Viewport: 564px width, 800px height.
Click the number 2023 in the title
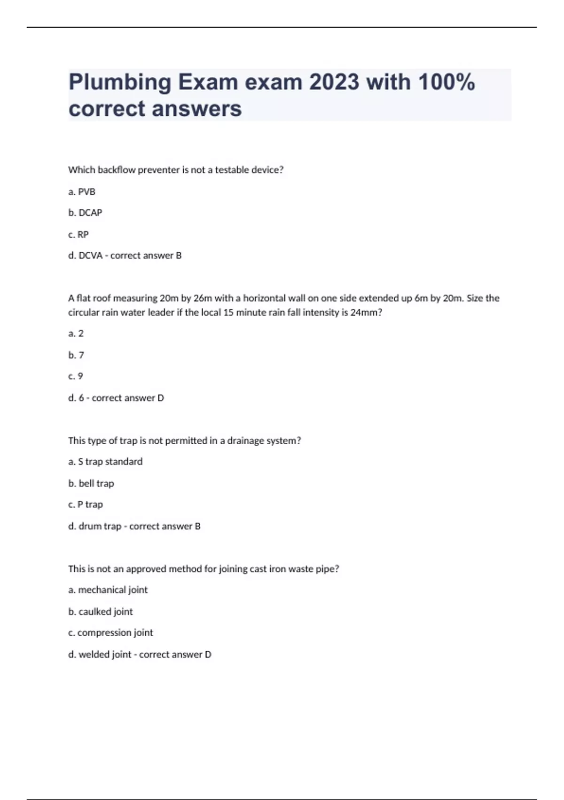click(334, 82)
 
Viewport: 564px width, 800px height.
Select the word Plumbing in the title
click(120, 83)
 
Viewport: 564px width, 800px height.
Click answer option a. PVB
click(82, 192)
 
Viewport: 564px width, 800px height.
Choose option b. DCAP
click(85, 213)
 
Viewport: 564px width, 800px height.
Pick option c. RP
click(78, 234)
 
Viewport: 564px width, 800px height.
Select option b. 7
click(76, 355)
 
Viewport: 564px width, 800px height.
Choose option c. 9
click(76, 376)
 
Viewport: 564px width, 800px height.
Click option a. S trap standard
click(105, 462)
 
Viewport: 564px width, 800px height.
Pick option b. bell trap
click(91, 483)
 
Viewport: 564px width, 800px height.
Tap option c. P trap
click(86, 504)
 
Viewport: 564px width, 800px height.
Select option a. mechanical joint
click(108, 590)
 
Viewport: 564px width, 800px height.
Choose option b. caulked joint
click(101, 611)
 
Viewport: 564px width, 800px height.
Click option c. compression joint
click(111, 632)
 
